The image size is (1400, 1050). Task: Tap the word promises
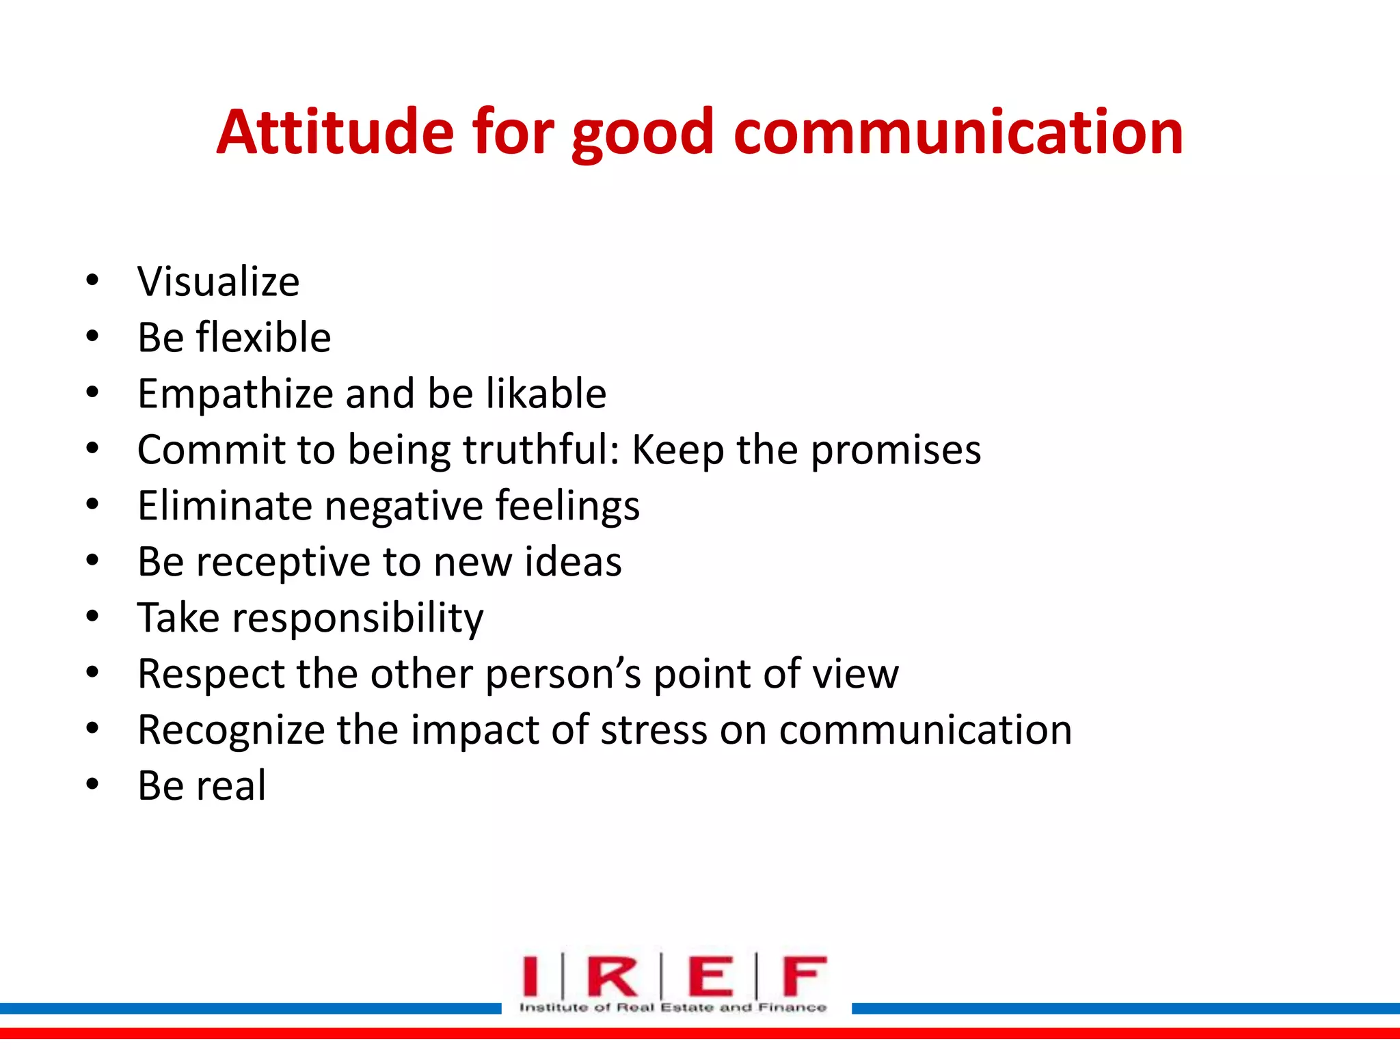[x=896, y=451]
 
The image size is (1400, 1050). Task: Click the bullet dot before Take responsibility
[x=92, y=617]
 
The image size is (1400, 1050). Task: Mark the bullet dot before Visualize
[x=92, y=281]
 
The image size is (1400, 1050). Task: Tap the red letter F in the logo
[x=804, y=975]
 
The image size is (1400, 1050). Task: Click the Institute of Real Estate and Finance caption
[x=673, y=1007]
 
